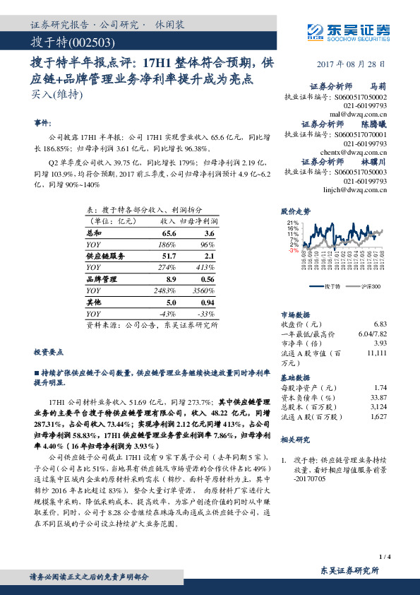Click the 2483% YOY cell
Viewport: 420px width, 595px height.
[x=165, y=291]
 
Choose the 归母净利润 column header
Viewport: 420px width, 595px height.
[x=198, y=220]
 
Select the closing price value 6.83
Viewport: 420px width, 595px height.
[x=380, y=322]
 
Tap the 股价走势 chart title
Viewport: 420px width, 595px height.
[x=296, y=211]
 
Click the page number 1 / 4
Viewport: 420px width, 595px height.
[x=384, y=558]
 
